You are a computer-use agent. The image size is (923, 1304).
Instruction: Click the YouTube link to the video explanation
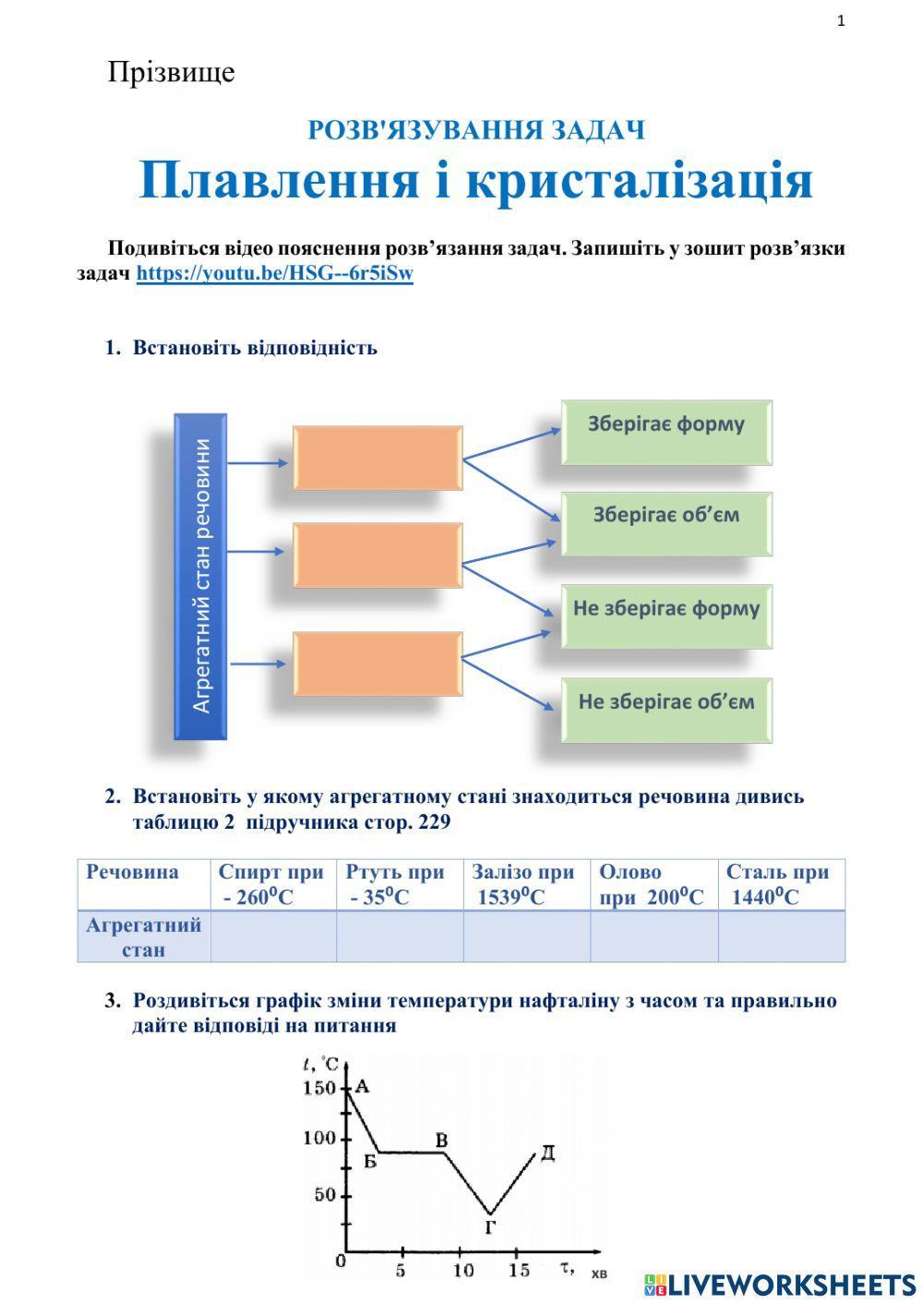pos(274,274)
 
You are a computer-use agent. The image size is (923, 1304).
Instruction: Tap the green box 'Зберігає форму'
pos(666,432)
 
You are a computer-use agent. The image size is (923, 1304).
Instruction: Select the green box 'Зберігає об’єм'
pos(666,523)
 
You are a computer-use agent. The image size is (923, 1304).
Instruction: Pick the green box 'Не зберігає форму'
pos(666,616)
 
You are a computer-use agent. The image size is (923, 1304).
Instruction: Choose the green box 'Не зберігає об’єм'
pos(666,710)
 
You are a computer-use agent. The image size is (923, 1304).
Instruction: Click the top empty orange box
pos(378,458)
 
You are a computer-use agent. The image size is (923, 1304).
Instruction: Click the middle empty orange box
pos(378,556)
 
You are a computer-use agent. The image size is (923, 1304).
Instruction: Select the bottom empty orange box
pos(378,664)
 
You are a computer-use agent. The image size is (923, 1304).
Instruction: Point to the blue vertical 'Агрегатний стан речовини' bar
pos(200,576)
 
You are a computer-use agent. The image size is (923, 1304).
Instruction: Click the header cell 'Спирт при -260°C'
pos(273,884)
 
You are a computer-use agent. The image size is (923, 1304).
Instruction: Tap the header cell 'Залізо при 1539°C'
pos(526,884)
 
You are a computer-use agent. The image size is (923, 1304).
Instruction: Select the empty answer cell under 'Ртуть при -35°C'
pos(400,937)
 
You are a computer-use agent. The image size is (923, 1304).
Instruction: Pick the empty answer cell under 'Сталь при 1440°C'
pos(782,937)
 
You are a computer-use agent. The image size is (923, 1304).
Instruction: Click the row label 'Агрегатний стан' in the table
pos(144,937)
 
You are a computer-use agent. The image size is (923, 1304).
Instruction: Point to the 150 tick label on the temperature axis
pos(319,1088)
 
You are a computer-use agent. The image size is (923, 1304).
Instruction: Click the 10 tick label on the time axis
pos(463,1271)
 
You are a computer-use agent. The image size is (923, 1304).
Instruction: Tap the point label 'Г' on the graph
pos(490,1227)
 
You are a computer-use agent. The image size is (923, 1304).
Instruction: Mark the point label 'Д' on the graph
pos(547,1154)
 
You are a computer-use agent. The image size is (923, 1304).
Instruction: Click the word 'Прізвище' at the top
pos(171,72)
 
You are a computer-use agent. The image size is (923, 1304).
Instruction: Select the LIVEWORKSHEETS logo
pos(780,1284)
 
